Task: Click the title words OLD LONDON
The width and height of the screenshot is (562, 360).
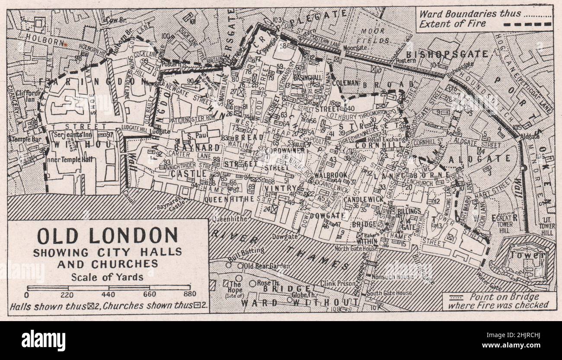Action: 107,236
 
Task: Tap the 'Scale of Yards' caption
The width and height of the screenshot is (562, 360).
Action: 107,277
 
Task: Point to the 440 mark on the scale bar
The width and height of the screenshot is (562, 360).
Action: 109,296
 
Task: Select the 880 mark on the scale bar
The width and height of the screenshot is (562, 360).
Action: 189,296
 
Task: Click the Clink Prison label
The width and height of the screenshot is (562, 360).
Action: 337,284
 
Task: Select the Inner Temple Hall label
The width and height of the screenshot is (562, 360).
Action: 69,159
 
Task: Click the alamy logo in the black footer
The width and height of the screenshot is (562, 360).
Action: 43,341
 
